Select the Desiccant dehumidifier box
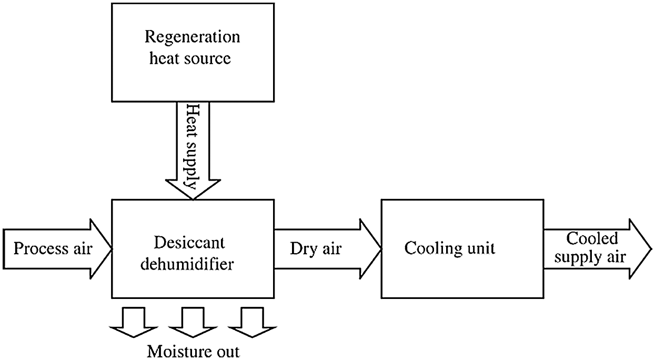pyautogui.click(x=193, y=248)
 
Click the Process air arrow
pyautogui.click(x=53, y=248)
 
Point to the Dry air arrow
pyautogui.click(x=321, y=248)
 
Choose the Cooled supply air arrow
pyautogui.click(x=594, y=248)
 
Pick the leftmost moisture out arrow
pyautogui.click(x=133, y=322)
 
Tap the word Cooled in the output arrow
pyautogui.click(x=592, y=238)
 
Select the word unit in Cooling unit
pyautogui.click(x=480, y=248)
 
